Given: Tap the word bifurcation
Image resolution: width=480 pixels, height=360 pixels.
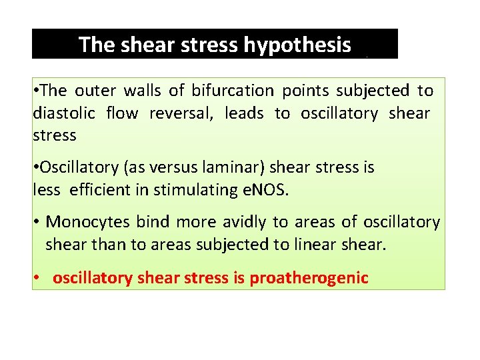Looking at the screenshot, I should click(x=233, y=90).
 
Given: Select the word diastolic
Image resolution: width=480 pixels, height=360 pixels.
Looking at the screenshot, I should click(x=65, y=113).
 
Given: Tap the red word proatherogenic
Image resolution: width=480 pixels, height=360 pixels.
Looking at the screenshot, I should click(x=309, y=278).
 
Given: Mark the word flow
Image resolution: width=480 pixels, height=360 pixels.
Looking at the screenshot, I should click(x=122, y=113).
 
